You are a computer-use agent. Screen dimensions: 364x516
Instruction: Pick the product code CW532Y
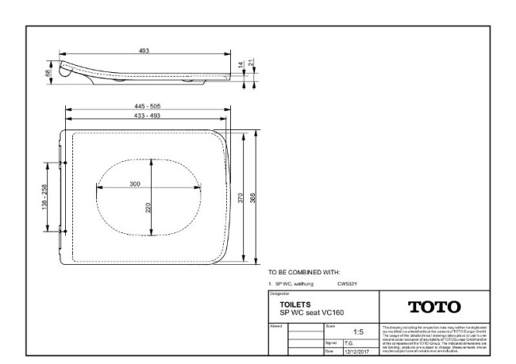tap(348, 283)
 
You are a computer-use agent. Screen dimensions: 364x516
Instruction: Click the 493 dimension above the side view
tap(144, 51)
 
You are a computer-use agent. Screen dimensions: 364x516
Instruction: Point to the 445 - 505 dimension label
tap(146, 106)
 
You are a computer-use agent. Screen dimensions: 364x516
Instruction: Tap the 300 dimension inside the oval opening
tap(135, 184)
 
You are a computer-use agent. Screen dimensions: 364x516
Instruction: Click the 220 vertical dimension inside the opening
tap(148, 207)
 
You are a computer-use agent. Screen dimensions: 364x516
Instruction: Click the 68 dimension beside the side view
tap(48, 72)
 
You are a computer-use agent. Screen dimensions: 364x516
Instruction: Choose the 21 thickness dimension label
tap(253, 63)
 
